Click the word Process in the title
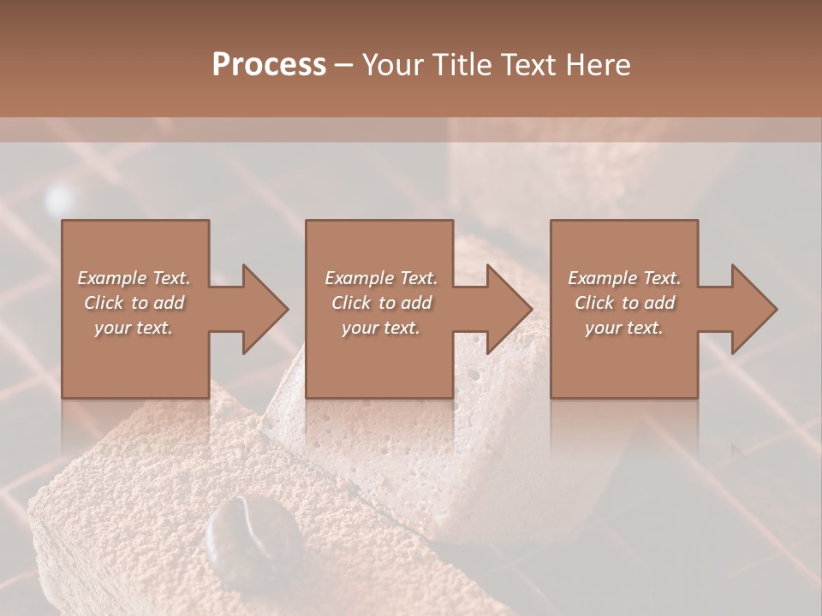click(x=269, y=65)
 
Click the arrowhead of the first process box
click(x=263, y=309)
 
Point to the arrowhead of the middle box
click(x=508, y=309)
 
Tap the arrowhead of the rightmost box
click(x=753, y=309)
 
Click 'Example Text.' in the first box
click(x=134, y=278)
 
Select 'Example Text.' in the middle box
click(x=381, y=278)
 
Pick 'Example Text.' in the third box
click(x=624, y=278)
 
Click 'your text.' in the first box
click(x=134, y=328)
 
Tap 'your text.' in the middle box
click(x=381, y=328)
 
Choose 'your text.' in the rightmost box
click(x=624, y=328)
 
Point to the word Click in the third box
click(x=595, y=303)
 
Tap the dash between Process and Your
click(x=344, y=65)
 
